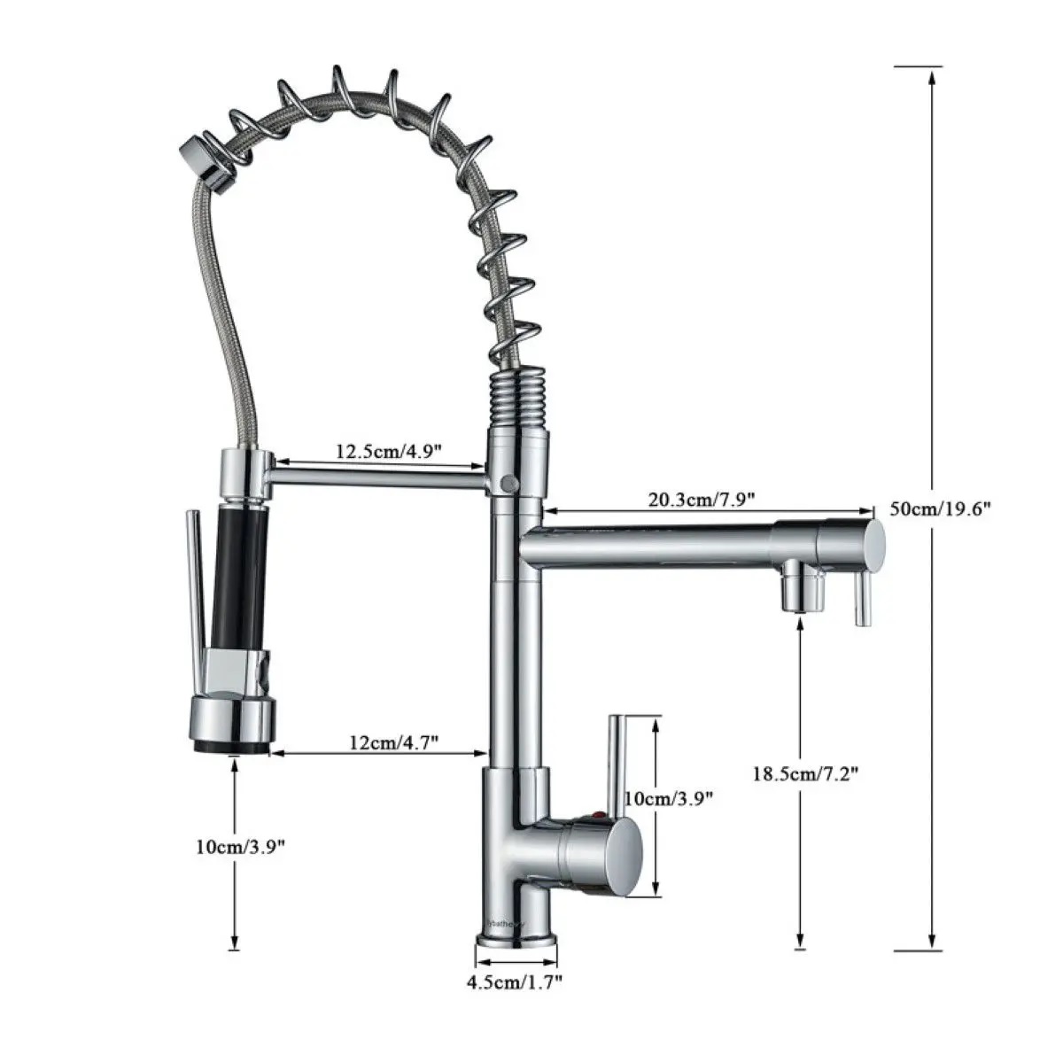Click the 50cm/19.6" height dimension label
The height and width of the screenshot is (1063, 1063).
point(939,508)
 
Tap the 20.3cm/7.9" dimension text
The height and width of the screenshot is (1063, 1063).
point(701,499)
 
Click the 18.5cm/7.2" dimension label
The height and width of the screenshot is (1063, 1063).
point(805,772)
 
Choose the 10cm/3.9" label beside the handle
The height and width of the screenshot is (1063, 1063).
point(669,797)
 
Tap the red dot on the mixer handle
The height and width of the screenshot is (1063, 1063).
point(598,812)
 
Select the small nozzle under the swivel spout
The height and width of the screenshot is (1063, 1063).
point(801,590)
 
